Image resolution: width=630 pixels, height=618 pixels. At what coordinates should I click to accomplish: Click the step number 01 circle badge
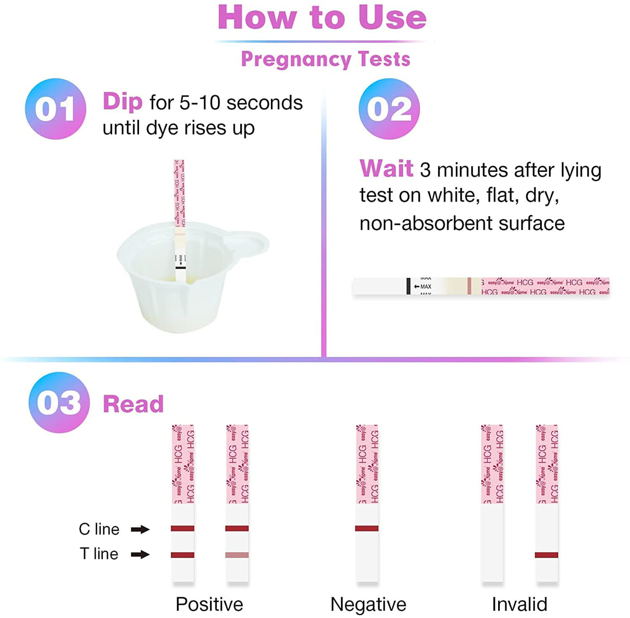(56, 109)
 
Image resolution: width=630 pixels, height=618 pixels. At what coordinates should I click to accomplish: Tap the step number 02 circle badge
(389, 109)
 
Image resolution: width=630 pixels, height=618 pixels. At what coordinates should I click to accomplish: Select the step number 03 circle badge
(59, 402)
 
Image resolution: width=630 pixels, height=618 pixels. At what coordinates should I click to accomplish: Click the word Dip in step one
(122, 101)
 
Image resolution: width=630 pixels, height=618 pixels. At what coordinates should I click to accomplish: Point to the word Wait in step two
(386, 169)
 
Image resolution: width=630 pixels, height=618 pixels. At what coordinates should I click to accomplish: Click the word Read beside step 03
(133, 404)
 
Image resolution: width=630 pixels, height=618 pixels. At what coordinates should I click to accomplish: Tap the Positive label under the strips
(209, 604)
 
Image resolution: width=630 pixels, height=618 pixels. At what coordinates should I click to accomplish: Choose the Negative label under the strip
(368, 604)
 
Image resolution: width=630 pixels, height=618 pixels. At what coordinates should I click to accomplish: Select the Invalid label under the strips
(519, 604)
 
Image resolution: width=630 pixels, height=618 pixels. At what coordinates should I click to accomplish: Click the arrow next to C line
(140, 529)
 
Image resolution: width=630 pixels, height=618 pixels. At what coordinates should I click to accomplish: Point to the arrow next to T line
(140, 554)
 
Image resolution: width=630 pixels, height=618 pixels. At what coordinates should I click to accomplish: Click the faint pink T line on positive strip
(237, 555)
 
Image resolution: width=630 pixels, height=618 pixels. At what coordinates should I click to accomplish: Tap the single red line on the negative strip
(367, 529)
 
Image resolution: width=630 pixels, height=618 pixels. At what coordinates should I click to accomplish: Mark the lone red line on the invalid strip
(546, 555)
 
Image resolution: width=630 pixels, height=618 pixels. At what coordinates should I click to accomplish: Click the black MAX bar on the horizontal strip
(409, 286)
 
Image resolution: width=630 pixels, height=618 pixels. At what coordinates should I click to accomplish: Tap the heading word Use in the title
(392, 17)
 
